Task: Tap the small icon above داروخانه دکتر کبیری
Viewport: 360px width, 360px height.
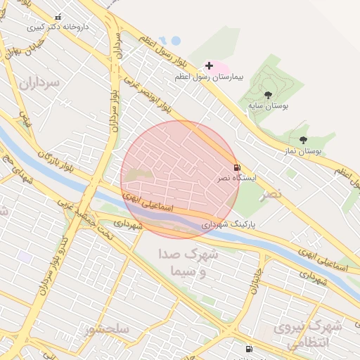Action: [58, 17]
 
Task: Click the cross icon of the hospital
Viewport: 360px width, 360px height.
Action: [209, 65]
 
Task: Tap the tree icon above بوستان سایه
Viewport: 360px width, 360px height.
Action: [267, 94]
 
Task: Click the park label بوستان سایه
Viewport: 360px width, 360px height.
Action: [268, 105]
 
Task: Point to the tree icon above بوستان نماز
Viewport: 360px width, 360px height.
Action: [303, 141]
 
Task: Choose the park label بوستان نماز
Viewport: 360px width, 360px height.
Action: [304, 151]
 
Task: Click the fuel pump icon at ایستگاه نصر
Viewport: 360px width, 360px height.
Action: [236, 167]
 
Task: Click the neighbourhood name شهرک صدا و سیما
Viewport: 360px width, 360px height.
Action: [184, 262]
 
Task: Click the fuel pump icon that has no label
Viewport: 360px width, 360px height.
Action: [248, 349]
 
